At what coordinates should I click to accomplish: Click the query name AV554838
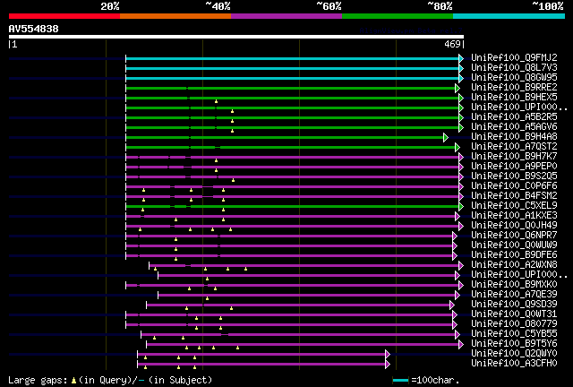(33, 29)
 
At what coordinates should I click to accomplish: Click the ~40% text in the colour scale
(218, 5)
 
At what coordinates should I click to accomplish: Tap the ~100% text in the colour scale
(548, 5)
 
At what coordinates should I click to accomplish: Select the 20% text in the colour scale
(110, 5)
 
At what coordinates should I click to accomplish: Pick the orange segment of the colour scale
(175, 16)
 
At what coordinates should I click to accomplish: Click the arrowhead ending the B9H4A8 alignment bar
(445, 136)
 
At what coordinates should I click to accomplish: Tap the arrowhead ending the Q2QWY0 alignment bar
(388, 353)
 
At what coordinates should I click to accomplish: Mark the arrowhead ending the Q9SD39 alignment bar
(453, 304)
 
